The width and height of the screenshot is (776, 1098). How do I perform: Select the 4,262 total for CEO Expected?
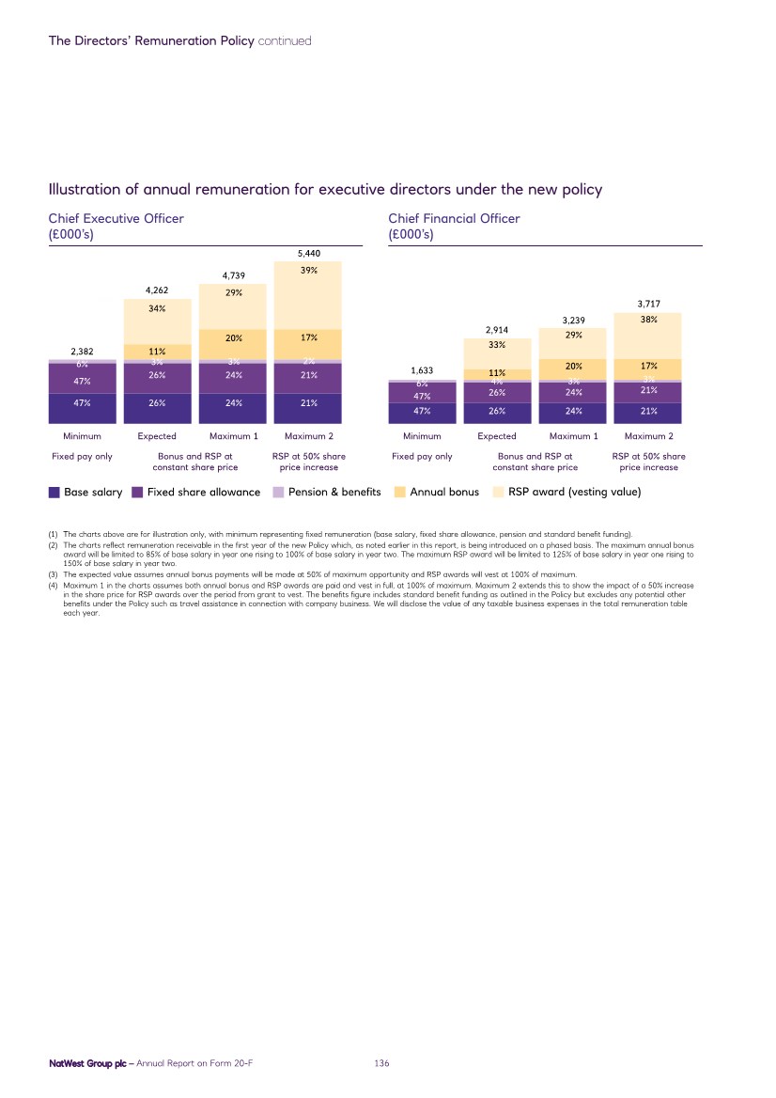tap(158, 290)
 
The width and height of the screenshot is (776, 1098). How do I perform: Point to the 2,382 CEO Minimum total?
tap(83, 353)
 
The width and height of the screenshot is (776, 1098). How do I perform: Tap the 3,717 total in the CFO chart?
tap(648, 304)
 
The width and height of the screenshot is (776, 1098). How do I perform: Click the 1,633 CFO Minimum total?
tap(422, 369)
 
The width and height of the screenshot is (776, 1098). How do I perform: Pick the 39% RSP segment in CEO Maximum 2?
tap(309, 270)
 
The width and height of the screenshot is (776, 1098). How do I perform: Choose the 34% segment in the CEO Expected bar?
tap(158, 308)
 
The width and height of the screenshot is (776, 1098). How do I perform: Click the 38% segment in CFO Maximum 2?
tap(648, 320)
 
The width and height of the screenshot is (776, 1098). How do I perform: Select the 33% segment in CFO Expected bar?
tap(497, 345)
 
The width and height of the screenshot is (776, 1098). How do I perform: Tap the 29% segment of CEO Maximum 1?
tap(234, 292)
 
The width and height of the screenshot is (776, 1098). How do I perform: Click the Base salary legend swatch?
tap(54, 492)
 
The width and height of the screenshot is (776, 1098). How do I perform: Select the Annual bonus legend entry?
tap(437, 492)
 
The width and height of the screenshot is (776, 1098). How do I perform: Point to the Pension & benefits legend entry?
tap(327, 492)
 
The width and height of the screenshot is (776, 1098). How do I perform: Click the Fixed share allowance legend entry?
tap(196, 492)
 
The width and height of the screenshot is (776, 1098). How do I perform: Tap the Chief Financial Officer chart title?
tap(454, 218)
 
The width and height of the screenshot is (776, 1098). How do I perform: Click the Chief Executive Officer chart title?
tap(116, 218)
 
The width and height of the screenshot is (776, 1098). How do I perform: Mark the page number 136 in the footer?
tap(381, 1062)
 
